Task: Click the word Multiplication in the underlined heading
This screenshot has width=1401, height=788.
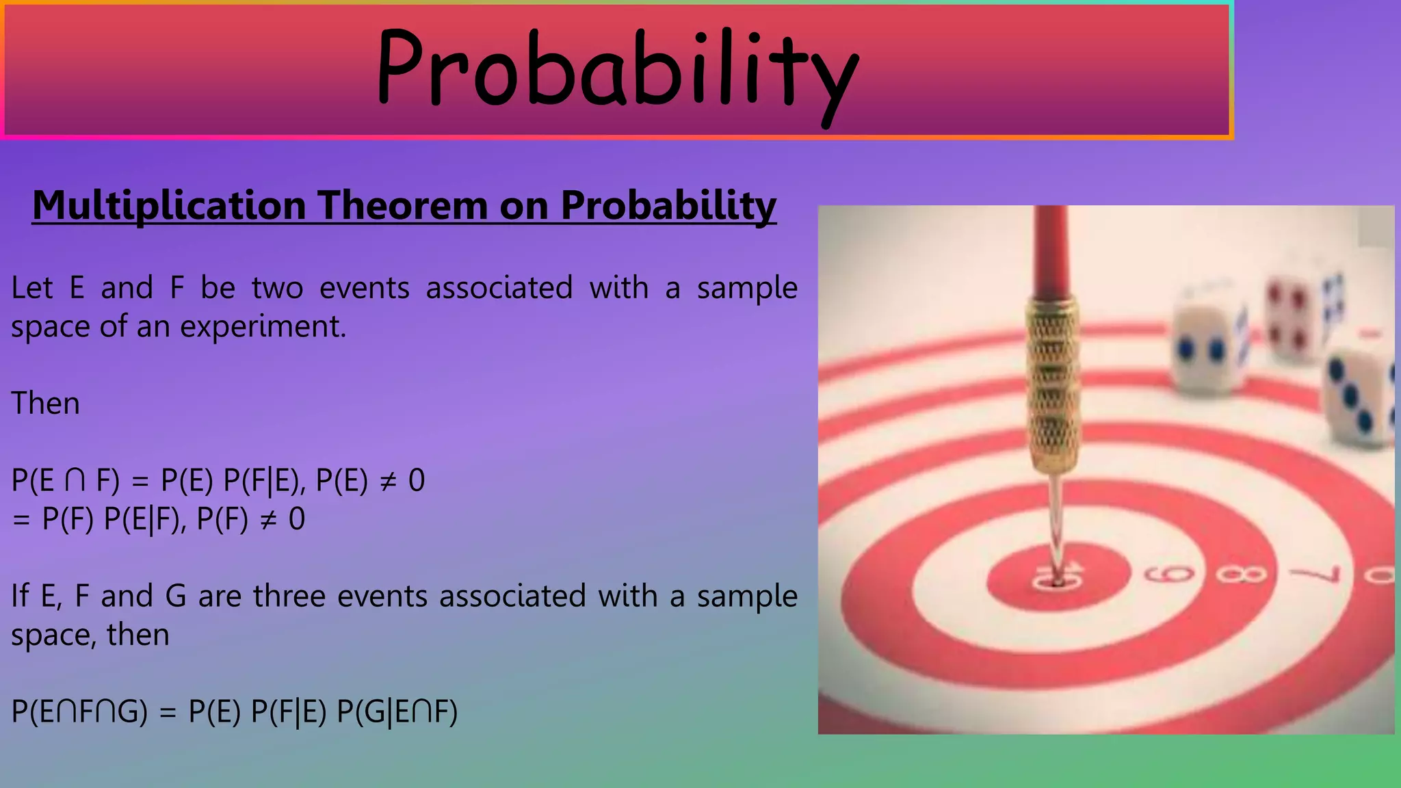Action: (x=169, y=205)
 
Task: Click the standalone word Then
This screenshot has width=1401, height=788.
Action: (x=45, y=404)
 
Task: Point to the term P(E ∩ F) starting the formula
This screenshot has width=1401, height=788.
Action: (x=65, y=481)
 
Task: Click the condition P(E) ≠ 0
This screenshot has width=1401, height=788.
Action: (x=370, y=481)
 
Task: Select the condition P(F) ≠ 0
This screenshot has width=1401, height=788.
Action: (x=250, y=520)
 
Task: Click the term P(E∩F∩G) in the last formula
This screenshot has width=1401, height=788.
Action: (x=79, y=712)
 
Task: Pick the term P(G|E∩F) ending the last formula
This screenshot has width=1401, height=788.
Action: (x=397, y=712)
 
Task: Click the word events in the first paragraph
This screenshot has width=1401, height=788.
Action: (x=364, y=288)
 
